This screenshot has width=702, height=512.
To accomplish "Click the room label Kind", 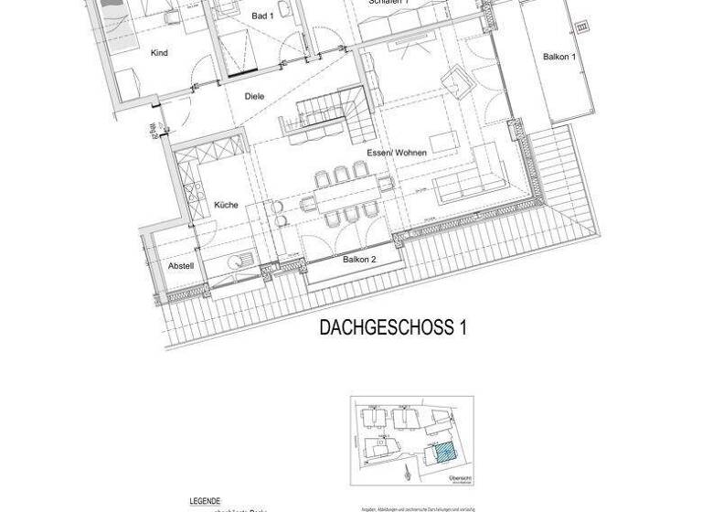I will pyautogui.click(x=159, y=53).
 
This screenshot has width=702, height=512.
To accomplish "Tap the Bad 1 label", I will pyautogui.click(x=262, y=16).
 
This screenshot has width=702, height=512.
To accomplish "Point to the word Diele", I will pyautogui.click(x=254, y=96).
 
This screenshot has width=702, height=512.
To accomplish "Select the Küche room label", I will pyautogui.click(x=226, y=205).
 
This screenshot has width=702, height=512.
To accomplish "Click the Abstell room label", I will pyautogui.click(x=181, y=266).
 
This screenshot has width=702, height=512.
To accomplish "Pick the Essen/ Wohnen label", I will pyautogui.click(x=396, y=153).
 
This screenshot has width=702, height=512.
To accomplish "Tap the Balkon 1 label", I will pyautogui.click(x=558, y=57).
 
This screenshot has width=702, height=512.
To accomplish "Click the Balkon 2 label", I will pyautogui.click(x=359, y=260).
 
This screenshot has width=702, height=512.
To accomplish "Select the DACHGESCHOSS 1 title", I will pyautogui.click(x=393, y=328).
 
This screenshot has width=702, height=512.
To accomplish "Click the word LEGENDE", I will pyautogui.click(x=205, y=501).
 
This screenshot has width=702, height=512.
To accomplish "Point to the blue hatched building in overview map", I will pyautogui.click(x=443, y=451).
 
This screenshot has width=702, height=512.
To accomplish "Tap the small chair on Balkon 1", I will pyautogui.click(x=582, y=27).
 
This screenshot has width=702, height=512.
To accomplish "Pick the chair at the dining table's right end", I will pyautogui.click(x=387, y=184).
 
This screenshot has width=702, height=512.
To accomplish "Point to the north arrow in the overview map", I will pyautogui.click(x=407, y=473).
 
